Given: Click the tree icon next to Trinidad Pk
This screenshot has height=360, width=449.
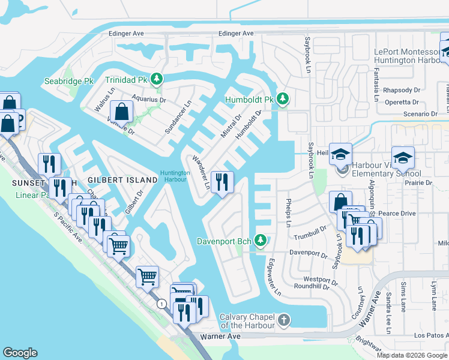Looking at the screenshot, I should click(157, 79).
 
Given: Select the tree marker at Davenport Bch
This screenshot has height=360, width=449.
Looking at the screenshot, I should click(260, 241).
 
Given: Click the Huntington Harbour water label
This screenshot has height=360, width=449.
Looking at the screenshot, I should click(175, 176).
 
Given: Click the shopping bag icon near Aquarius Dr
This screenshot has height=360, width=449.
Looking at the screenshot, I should click(122, 111).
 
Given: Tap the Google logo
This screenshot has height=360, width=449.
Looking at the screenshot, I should click(20, 353).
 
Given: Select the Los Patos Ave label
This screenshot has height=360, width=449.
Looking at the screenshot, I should click(427, 335).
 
